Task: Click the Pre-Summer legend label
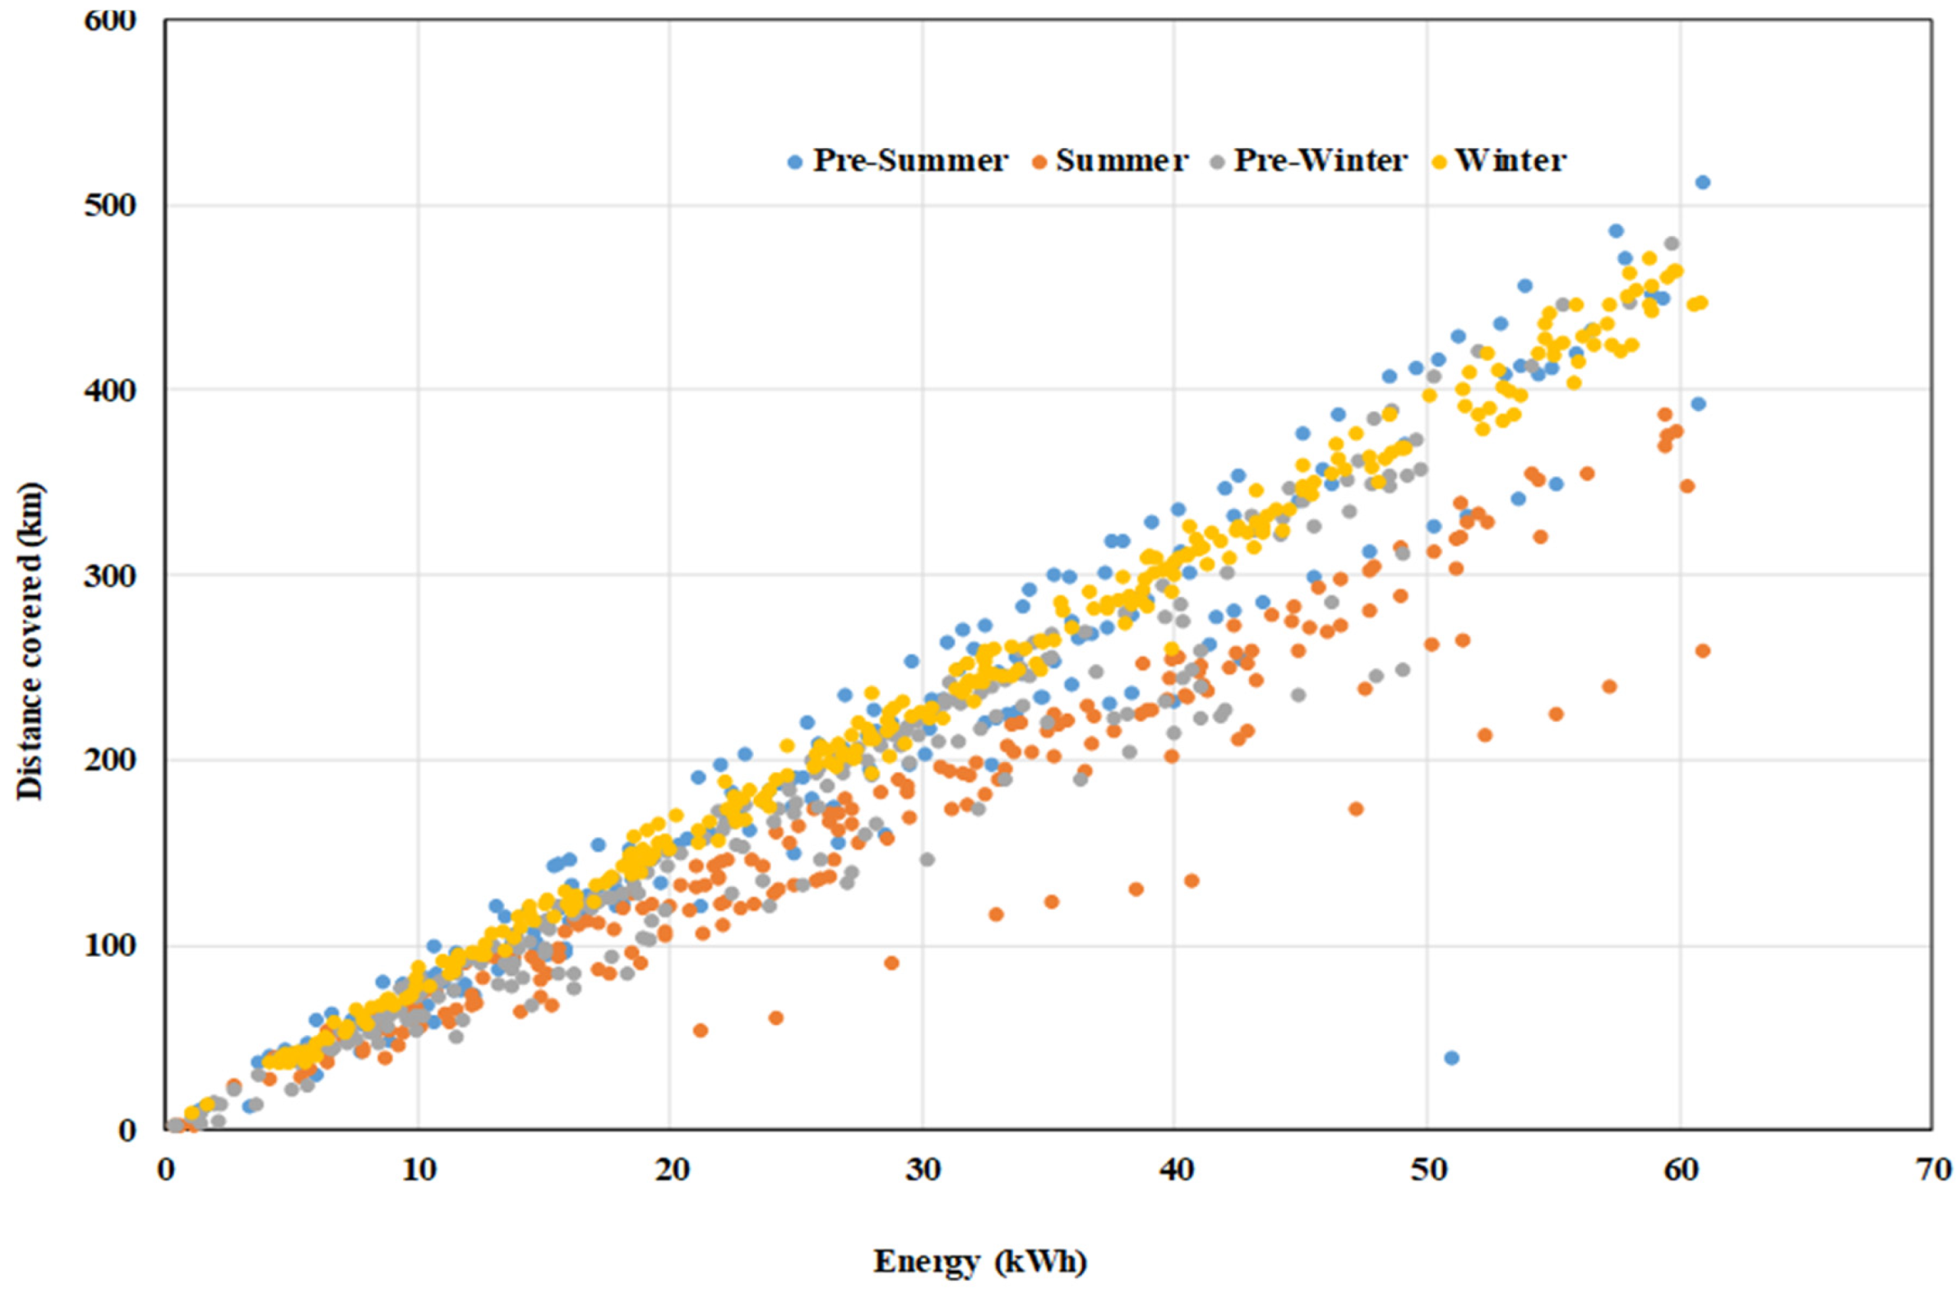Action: pos(909,161)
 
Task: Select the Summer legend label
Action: pos(1122,161)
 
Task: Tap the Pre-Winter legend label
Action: pos(1320,161)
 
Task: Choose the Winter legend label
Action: pos(1510,161)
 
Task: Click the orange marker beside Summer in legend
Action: pos(1040,164)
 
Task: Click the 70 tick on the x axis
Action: pos(1932,1170)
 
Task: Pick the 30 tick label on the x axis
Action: pos(923,1170)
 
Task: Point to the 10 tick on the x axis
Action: pos(418,1170)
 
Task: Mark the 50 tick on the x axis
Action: pos(1427,1170)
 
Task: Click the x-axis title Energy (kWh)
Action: pos(980,1261)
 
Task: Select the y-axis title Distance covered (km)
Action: pos(30,641)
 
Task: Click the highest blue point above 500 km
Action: pos(1702,183)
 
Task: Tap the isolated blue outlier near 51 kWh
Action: pos(1451,1058)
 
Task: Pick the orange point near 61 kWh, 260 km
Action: pos(1702,651)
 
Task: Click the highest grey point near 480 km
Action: pos(1672,243)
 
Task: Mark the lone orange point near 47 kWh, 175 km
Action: pos(1355,809)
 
